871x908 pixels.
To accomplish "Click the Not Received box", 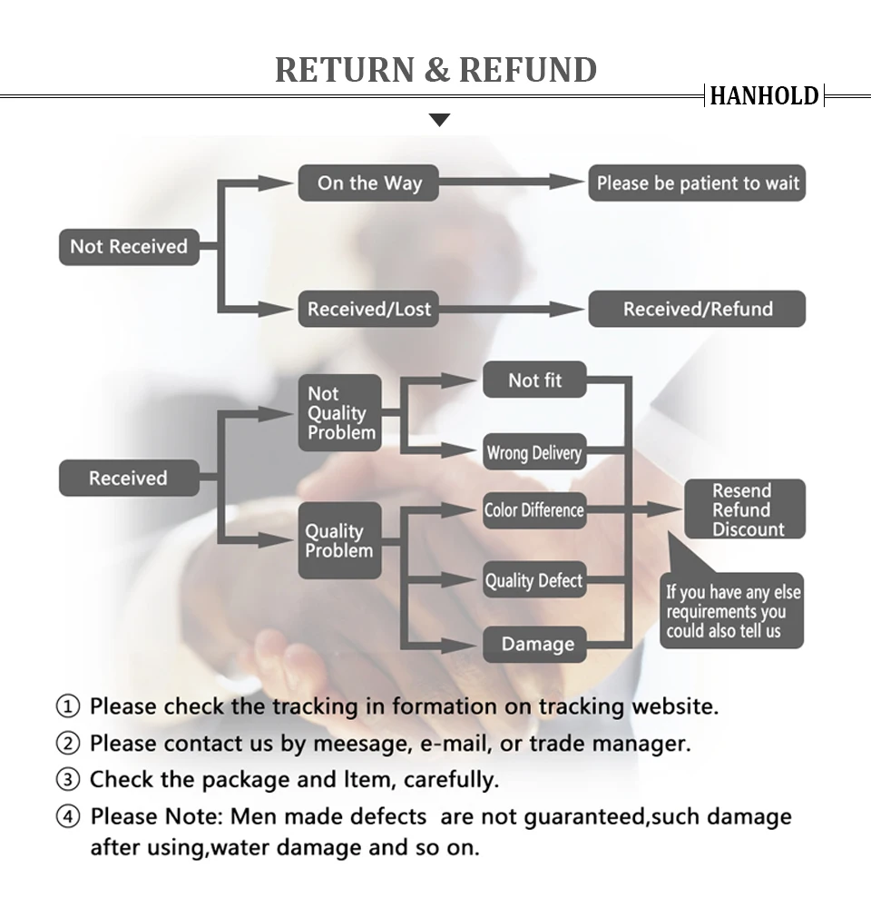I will pos(129,246).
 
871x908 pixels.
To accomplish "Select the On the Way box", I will pos(369,183).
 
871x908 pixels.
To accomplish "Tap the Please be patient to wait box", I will pos(697,183).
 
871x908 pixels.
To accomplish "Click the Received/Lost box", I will pos(369,309).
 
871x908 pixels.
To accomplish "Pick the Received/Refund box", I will pos(697,309).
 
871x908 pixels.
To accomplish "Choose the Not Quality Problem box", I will pos(340,413).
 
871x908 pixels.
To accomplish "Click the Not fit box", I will pos(534,380).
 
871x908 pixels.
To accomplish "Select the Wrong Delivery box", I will pos(533,452).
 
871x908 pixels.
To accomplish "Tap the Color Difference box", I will pos(533,510).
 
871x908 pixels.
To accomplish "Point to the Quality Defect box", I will pos(533,580).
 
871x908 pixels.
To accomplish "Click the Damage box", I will pos(537,645).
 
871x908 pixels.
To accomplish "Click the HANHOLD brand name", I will pos(764,95).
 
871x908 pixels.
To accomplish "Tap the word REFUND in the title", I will pos(528,70).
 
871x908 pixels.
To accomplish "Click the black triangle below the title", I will pos(439,120).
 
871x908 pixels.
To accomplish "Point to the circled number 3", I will pos(68,780).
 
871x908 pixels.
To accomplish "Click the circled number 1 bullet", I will pos(68,706).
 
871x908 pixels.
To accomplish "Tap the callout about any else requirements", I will pos(733,612).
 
